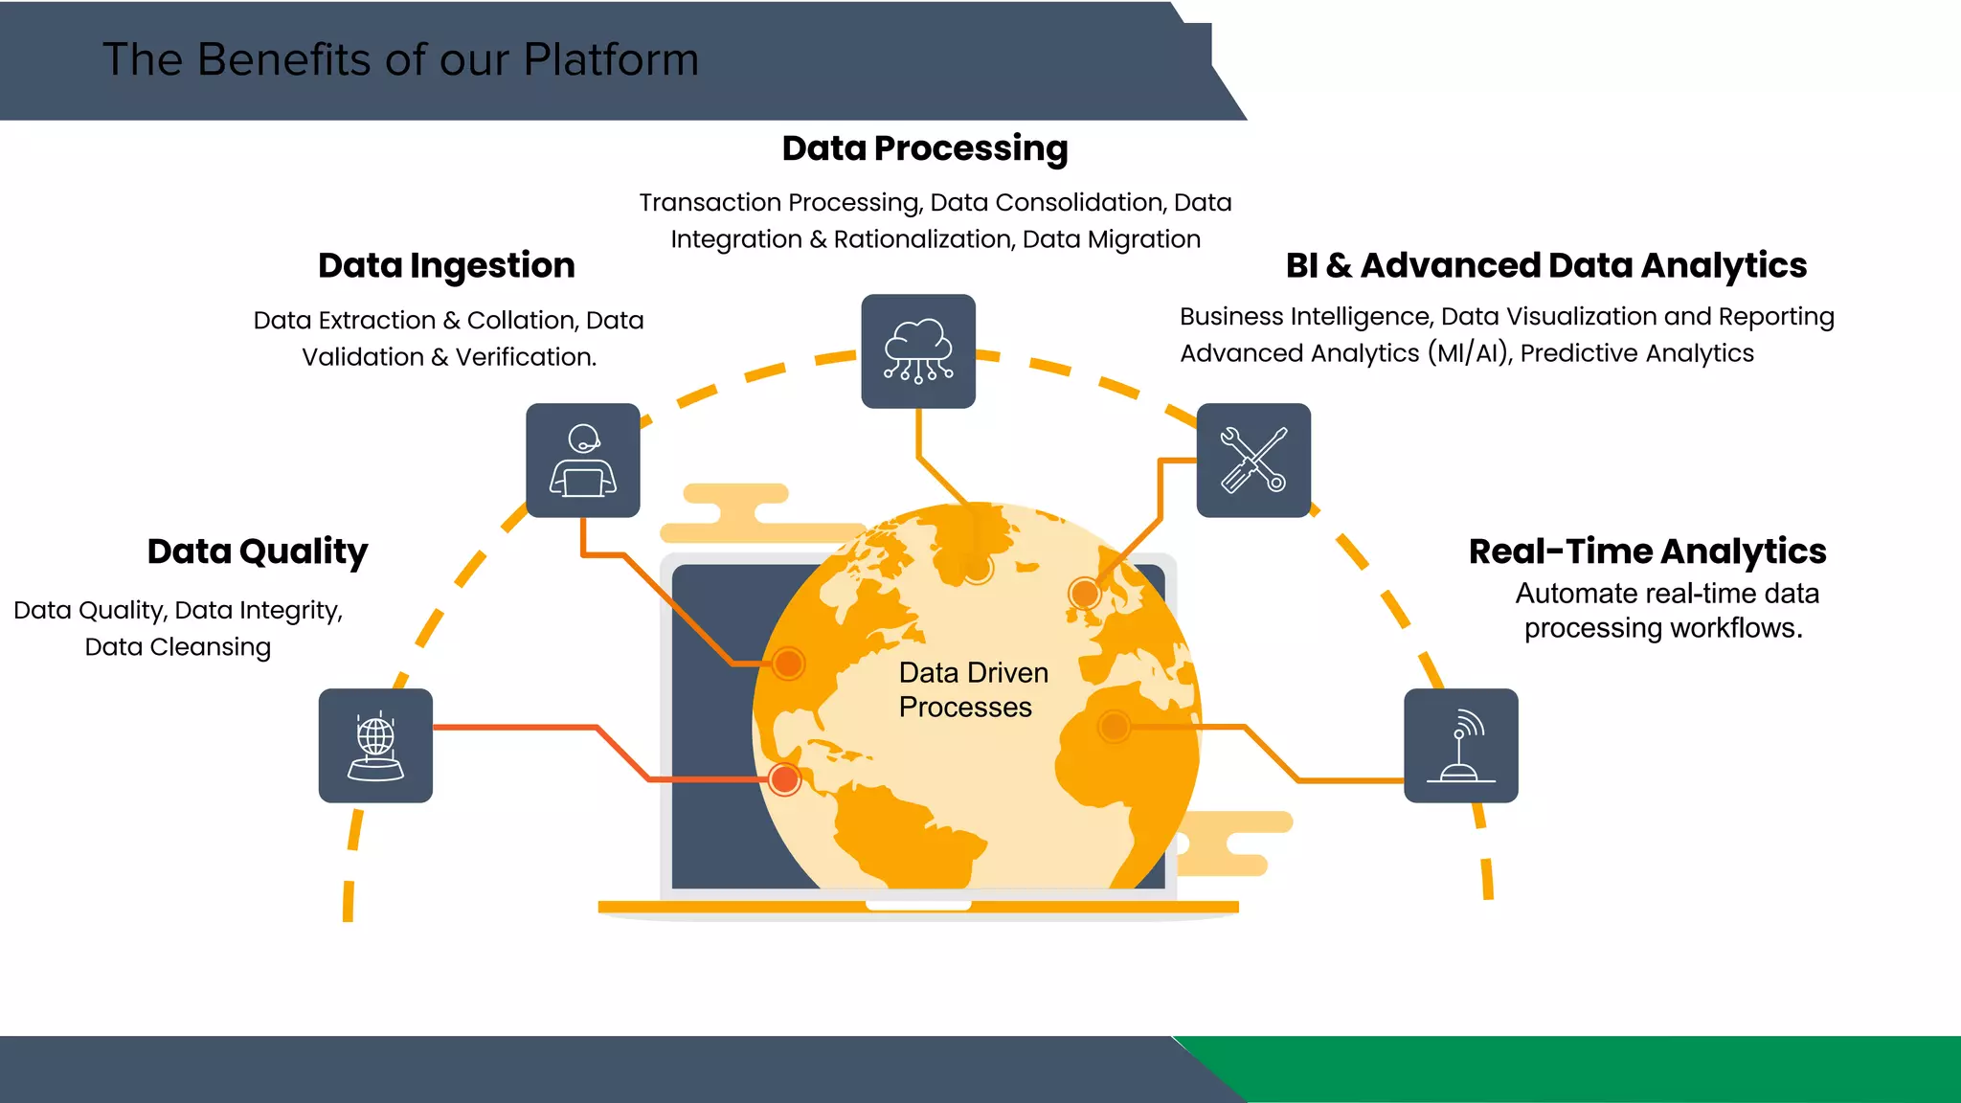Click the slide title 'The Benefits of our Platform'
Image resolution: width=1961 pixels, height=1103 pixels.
[x=400, y=59]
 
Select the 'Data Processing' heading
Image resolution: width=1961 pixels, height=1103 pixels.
[x=924, y=148]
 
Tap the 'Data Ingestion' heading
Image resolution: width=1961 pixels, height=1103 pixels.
[x=446, y=265]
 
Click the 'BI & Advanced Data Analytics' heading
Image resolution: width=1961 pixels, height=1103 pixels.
[x=1545, y=265]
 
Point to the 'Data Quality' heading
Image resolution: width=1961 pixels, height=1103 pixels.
[x=257, y=551]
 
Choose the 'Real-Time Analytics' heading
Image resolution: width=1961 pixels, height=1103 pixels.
[x=1647, y=551]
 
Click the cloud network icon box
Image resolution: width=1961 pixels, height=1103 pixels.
[x=918, y=351]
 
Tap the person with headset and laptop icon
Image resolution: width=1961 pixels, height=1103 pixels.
[x=582, y=461]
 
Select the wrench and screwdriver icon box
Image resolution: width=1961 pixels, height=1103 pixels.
[x=1253, y=461]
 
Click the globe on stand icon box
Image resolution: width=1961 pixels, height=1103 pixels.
[x=375, y=746]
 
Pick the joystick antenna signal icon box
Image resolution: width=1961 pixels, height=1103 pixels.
[x=1460, y=746]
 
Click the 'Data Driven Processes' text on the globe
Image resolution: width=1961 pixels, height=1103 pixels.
[x=973, y=689]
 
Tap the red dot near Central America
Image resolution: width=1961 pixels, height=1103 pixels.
[x=785, y=779]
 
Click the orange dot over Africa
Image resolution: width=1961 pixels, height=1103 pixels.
[x=1114, y=727]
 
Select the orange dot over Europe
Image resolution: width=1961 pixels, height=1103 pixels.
[x=1084, y=594]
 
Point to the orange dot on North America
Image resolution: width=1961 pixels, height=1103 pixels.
[x=788, y=663]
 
